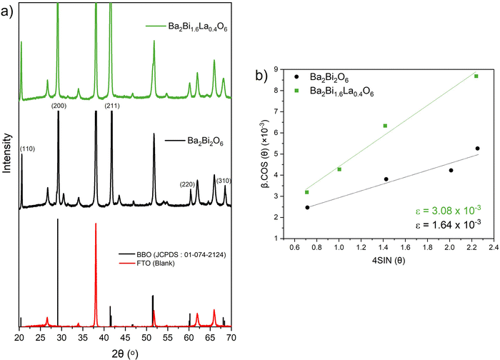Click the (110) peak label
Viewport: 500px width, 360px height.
click(x=27, y=149)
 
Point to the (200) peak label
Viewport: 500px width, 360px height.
click(x=59, y=106)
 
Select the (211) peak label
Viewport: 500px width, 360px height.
click(x=112, y=106)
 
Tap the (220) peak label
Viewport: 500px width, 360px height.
click(x=187, y=184)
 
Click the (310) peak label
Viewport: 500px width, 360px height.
click(x=224, y=181)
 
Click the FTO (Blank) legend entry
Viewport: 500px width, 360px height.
click(x=146, y=264)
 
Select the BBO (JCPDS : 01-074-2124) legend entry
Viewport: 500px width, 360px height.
click(x=172, y=255)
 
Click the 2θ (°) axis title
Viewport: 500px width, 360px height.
click(x=125, y=354)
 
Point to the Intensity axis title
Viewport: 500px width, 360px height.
click(x=6, y=153)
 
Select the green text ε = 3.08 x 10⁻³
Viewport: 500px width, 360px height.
click(x=448, y=210)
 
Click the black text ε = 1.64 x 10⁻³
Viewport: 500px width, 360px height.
click(x=448, y=224)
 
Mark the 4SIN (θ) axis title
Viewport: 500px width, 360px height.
click(x=389, y=261)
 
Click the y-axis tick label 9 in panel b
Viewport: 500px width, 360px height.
click(x=276, y=69)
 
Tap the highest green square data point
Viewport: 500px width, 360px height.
click(x=476, y=76)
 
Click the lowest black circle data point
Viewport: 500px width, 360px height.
click(x=307, y=208)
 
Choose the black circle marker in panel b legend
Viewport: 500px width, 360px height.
click(x=296, y=77)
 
